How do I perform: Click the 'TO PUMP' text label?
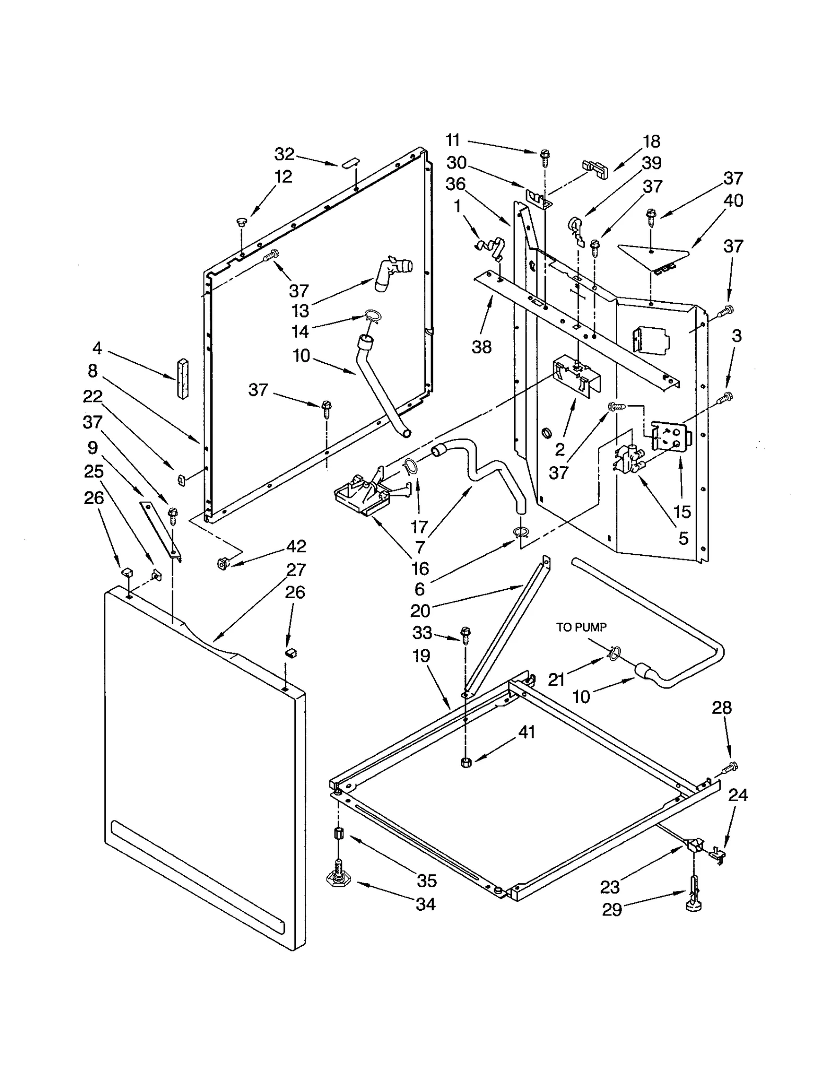click(x=581, y=627)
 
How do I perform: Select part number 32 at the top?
click(x=284, y=154)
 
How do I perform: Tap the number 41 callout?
click(x=526, y=732)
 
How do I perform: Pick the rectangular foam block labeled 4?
click(x=182, y=379)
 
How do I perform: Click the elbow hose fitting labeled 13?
click(x=392, y=272)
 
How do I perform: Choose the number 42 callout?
click(x=295, y=546)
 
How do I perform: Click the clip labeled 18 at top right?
click(x=596, y=170)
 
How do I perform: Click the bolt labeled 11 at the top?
click(x=545, y=155)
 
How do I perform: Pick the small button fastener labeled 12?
click(x=241, y=223)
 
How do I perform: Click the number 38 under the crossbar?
click(x=481, y=347)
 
